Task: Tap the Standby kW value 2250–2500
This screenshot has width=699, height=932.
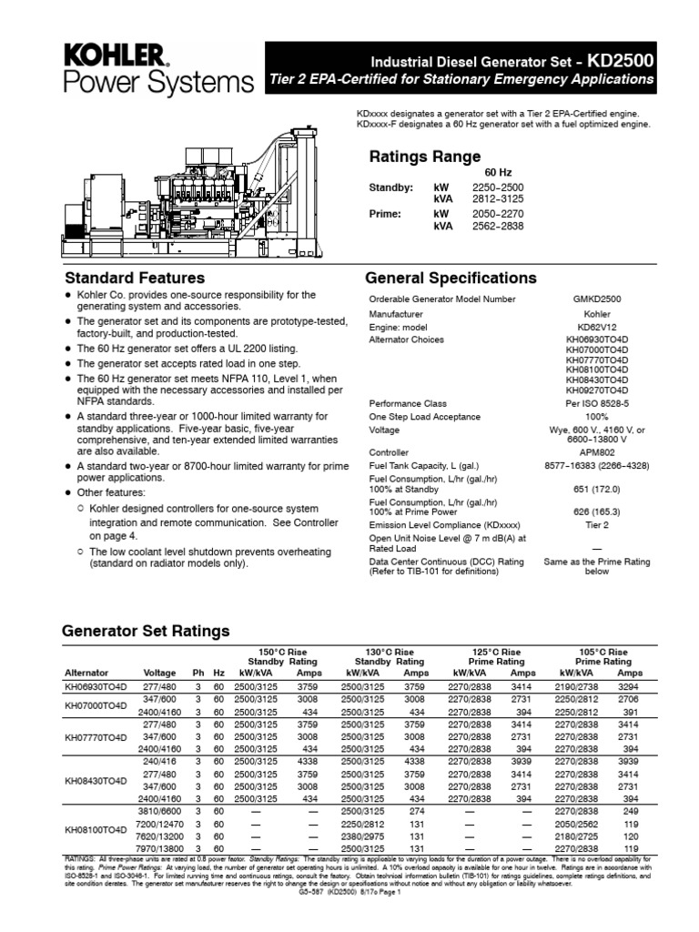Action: click(498, 187)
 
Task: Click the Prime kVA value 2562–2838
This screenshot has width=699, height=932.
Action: click(498, 226)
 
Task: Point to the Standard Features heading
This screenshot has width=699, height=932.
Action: click(134, 278)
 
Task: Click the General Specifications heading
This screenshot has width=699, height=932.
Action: click(451, 278)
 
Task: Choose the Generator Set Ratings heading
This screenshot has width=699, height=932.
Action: click(145, 632)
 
